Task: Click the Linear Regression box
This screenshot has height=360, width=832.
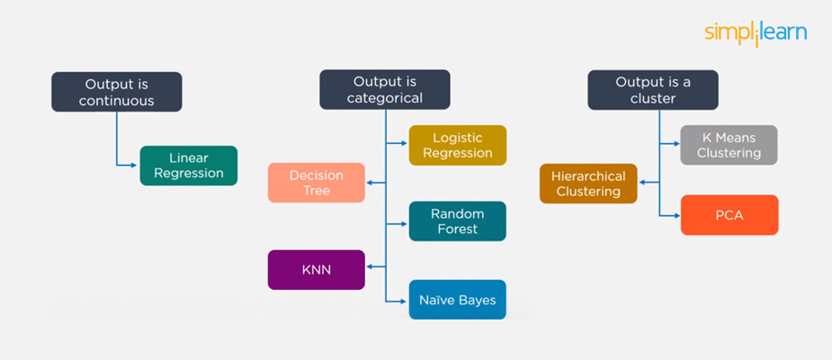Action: pyautogui.click(x=189, y=166)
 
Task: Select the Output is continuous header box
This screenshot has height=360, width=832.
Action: pyautogui.click(x=117, y=92)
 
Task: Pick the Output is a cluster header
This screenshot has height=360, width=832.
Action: pyautogui.click(x=653, y=91)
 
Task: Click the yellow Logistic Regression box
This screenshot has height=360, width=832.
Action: pyautogui.click(x=458, y=145)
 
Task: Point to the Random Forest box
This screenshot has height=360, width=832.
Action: pyautogui.click(x=457, y=221)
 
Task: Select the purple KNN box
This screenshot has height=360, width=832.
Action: pyautogui.click(x=317, y=270)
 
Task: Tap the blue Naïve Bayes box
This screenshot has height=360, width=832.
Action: pyautogui.click(x=457, y=300)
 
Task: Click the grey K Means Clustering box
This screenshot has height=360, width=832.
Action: pyautogui.click(x=729, y=145)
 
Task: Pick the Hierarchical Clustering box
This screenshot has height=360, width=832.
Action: pyautogui.click(x=588, y=183)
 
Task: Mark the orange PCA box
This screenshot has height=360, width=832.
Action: pyautogui.click(x=729, y=215)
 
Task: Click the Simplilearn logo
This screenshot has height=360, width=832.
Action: pyautogui.click(x=756, y=33)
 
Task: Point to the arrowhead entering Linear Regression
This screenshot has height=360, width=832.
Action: pyautogui.click(x=136, y=165)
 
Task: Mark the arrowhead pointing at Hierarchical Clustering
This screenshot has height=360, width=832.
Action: pyautogui.click(x=641, y=183)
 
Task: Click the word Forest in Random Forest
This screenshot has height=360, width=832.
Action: pyautogui.click(x=457, y=229)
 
